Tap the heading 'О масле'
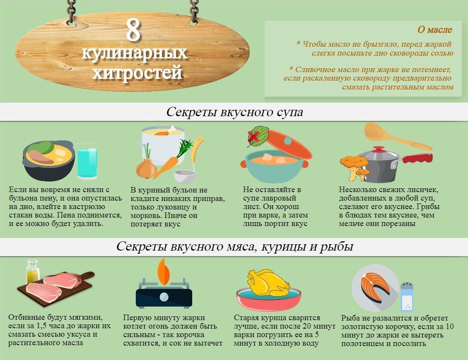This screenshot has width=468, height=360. pos(434,30)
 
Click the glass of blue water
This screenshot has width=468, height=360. pos(87,161)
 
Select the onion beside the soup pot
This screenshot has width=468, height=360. pos(146,168)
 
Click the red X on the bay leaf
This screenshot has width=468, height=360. pos(253,137)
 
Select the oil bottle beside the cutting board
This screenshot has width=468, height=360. pos(33,271)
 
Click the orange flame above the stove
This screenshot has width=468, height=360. pos(163,272)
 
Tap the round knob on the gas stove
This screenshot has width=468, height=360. pos(164,297)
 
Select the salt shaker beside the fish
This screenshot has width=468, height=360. pos(407,297)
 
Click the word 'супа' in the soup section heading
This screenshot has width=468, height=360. pos(290,112)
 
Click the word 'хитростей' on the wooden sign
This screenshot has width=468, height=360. pos(137,73)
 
